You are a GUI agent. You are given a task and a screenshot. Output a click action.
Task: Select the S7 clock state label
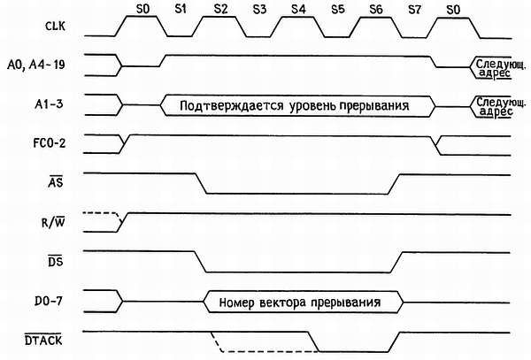[x=414, y=8]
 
